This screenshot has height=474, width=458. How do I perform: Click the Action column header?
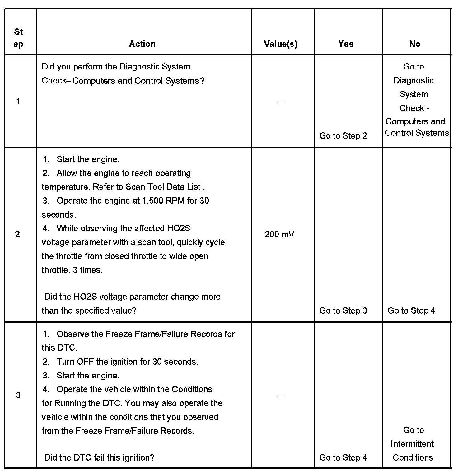click(142, 44)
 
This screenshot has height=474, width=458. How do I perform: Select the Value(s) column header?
click(280, 44)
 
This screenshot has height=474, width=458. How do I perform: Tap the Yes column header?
click(346, 44)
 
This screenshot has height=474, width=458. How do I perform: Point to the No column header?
click(415, 44)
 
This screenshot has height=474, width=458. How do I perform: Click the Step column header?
click(18, 38)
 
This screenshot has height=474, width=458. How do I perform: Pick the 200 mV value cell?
click(279, 234)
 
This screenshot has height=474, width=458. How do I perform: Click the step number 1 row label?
click(18, 101)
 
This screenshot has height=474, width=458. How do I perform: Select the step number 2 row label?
click(17, 234)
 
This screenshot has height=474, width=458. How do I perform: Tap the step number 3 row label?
click(18, 395)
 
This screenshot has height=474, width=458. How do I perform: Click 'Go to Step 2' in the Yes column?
click(343, 136)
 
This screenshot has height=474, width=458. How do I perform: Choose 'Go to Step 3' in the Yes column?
click(343, 310)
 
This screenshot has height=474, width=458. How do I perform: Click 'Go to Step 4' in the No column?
click(411, 310)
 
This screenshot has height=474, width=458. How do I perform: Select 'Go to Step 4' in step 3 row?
click(343, 457)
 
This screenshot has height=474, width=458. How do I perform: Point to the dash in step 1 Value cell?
click(281, 102)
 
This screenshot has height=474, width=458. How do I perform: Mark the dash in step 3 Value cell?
click(281, 396)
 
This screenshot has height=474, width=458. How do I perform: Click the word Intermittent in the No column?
click(412, 444)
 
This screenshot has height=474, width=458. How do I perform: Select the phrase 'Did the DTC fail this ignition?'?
click(99, 457)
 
